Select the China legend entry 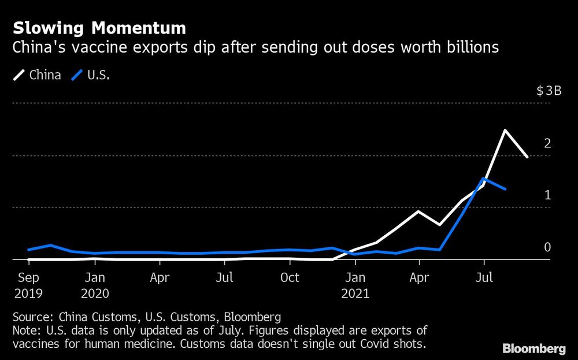click(x=37, y=75)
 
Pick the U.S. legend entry click(x=90, y=75)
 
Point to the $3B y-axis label click(x=548, y=91)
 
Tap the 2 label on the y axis click(x=547, y=143)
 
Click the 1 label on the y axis click(x=547, y=195)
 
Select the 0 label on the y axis click(x=547, y=247)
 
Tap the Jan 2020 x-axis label click(x=95, y=285)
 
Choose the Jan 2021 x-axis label click(x=354, y=285)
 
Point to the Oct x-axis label click(x=289, y=278)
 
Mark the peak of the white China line click(x=505, y=130)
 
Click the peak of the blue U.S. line click(x=484, y=179)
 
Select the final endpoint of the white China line click(x=527, y=157)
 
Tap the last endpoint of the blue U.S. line click(x=506, y=189)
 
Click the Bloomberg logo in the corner click(x=534, y=348)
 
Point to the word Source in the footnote click(x=29, y=317)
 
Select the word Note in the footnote click(x=25, y=331)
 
